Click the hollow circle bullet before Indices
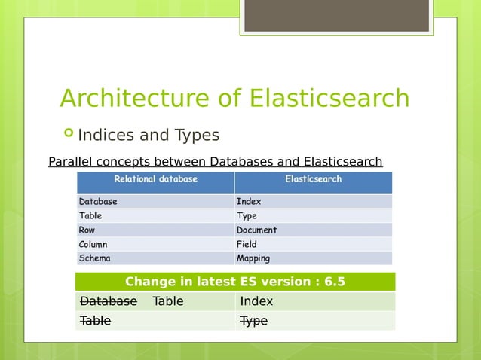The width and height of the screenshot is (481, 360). (x=69, y=133)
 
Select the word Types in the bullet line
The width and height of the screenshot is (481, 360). (x=197, y=136)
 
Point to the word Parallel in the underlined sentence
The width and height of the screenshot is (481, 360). (x=72, y=162)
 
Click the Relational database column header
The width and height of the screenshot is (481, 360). (x=155, y=179)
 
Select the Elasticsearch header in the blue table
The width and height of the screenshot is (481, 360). (x=313, y=179)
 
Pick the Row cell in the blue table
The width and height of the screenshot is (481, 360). (x=87, y=230)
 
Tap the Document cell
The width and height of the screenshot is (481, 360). (x=256, y=230)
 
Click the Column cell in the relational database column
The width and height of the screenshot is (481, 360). (x=93, y=244)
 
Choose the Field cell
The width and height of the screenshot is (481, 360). (x=247, y=244)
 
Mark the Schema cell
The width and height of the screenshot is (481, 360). (x=94, y=258)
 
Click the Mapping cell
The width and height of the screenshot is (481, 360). (x=253, y=258)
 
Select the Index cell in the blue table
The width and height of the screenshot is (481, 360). (x=248, y=201)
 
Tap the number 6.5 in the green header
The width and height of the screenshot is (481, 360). (x=334, y=282)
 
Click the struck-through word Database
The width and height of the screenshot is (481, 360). (x=109, y=301)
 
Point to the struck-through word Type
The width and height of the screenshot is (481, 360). (x=253, y=321)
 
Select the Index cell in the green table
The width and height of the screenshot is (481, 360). (x=256, y=301)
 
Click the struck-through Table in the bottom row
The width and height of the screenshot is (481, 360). (x=95, y=321)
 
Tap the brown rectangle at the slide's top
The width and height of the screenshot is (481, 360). (x=336, y=15)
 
